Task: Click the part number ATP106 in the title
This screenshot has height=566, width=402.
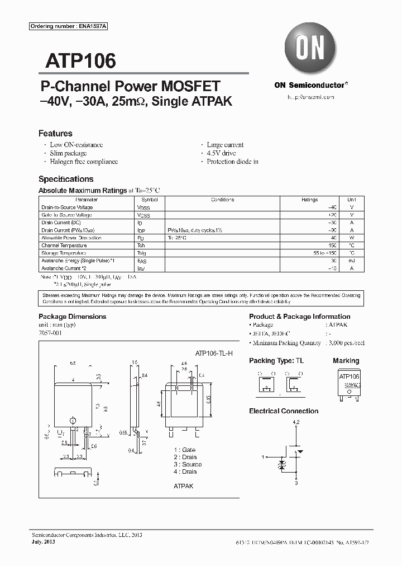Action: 76,60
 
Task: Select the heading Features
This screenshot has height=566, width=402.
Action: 55,134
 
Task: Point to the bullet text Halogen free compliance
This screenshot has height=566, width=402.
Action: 84,162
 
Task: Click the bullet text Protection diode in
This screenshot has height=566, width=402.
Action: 232,162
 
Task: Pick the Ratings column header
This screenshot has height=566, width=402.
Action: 309,200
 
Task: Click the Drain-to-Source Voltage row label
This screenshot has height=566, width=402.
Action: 68,207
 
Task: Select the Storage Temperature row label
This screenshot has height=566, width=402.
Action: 64,253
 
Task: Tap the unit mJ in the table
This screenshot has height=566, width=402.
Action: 351,261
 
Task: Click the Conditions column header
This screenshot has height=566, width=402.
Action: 222,200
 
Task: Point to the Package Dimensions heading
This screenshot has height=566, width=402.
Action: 72,317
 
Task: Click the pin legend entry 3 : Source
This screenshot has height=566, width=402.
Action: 188,464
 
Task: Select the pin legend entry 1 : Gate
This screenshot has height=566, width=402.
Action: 184,450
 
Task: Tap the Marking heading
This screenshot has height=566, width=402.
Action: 346,361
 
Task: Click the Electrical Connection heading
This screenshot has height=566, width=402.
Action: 284,411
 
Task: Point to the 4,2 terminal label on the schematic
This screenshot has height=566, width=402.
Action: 296,421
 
